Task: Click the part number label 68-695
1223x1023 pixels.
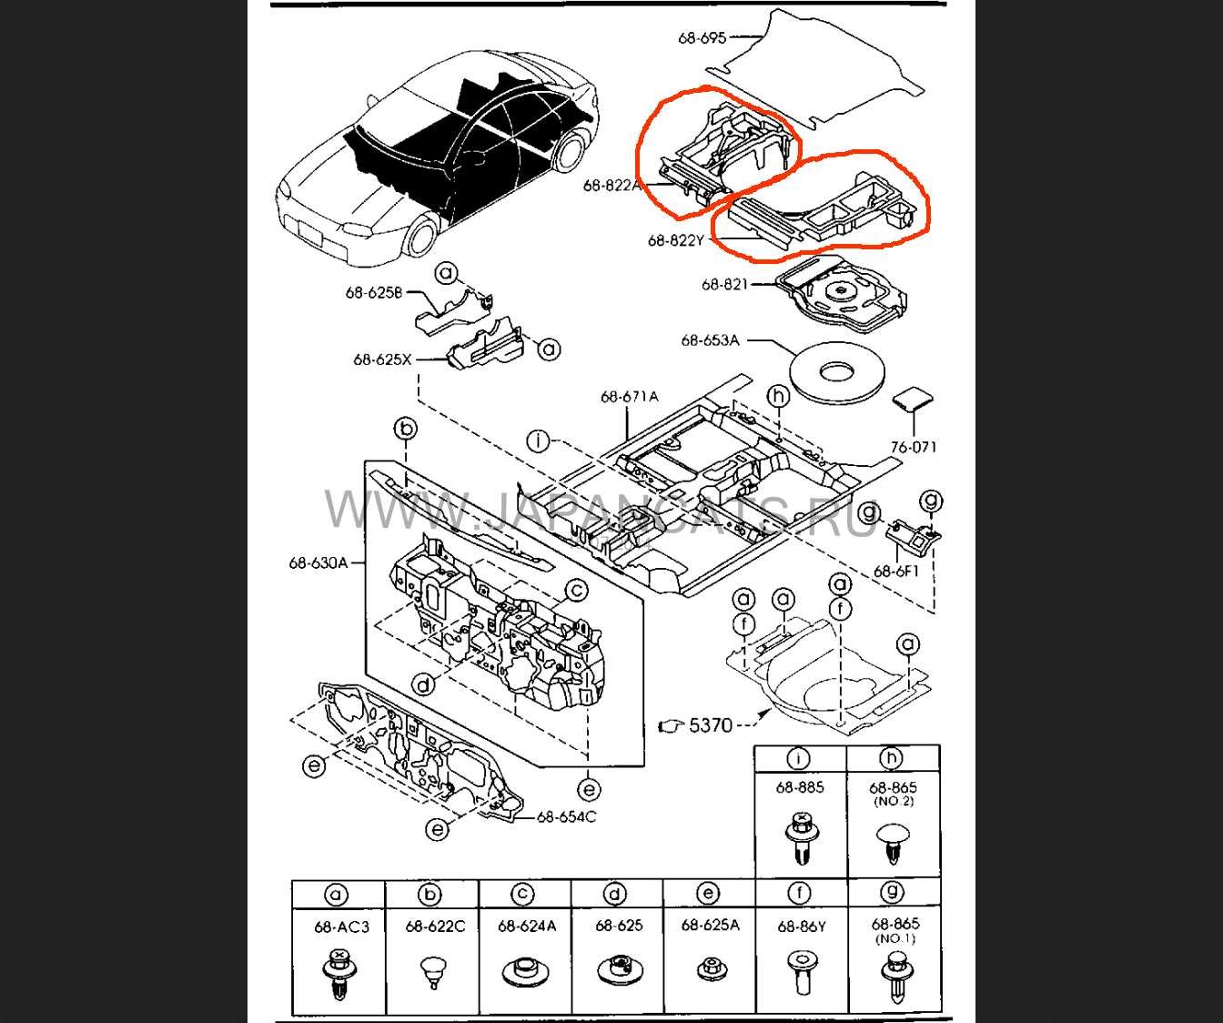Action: click(x=702, y=37)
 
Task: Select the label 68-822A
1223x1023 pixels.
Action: click(x=612, y=185)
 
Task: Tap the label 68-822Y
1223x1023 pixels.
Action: click(x=676, y=240)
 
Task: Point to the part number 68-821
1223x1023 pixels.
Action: click(x=724, y=285)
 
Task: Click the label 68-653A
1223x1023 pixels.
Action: click(x=710, y=340)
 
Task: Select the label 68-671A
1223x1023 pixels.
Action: click(x=629, y=396)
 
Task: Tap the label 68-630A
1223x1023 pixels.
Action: click(x=318, y=562)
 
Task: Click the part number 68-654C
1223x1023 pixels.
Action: click(x=566, y=816)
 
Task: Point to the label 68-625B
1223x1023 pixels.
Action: click(x=373, y=292)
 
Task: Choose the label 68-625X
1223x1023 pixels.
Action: click(x=382, y=359)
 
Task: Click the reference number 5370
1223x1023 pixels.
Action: click(x=711, y=725)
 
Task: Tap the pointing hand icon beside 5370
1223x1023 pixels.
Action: click(x=669, y=725)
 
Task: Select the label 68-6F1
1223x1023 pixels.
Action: click(x=896, y=572)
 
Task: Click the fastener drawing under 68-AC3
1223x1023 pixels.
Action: click(x=337, y=975)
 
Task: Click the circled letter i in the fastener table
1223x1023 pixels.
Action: click(x=799, y=759)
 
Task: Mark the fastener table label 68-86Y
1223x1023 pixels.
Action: click(x=801, y=927)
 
